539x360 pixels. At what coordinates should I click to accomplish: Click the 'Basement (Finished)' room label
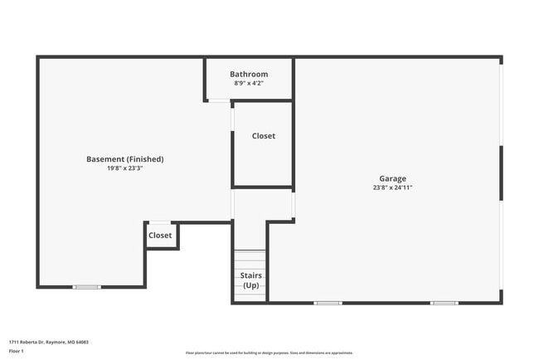tap(124, 159)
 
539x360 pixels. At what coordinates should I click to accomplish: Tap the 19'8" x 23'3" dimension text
tap(124, 168)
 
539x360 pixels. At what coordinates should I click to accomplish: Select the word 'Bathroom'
tap(249, 74)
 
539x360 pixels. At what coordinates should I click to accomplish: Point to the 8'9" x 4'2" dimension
tap(249, 83)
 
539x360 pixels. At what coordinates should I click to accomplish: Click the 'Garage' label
tap(392, 178)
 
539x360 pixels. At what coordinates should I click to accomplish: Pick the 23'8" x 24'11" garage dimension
tap(392, 187)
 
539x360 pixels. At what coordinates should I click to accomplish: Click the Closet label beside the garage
tap(264, 136)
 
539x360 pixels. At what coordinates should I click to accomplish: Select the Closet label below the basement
tap(160, 236)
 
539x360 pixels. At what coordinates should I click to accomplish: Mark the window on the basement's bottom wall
tap(86, 287)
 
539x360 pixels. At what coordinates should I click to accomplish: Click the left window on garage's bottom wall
tap(328, 303)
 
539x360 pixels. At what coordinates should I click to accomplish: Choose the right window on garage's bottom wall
tap(444, 303)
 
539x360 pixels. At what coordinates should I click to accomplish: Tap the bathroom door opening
tap(219, 101)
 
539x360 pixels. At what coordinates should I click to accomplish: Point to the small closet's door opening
tap(160, 222)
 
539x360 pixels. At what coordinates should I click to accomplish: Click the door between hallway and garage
tap(294, 204)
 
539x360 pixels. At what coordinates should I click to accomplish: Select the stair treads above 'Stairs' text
tap(250, 258)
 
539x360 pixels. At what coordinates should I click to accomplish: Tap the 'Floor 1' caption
tap(17, 351)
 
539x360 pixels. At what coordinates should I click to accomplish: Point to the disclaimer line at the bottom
tap(269, 353)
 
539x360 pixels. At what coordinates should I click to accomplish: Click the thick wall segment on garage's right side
tap(501, 173)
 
